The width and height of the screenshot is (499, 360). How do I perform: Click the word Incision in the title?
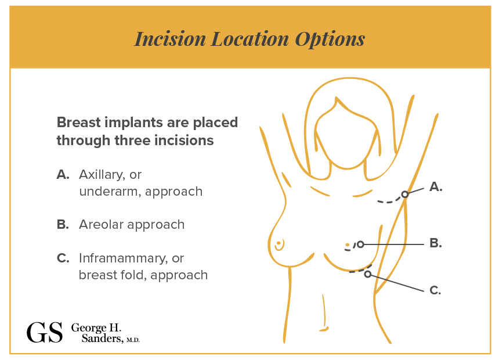click(170, 39)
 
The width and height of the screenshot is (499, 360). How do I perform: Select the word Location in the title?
click(250, 39)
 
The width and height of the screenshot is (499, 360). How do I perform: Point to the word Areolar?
click(101, 224)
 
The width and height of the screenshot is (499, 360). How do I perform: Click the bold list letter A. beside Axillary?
click(63, 175)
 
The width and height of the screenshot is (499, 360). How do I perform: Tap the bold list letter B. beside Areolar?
click(63, 224)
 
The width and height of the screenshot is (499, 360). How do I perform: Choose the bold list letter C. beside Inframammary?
click(63, 258)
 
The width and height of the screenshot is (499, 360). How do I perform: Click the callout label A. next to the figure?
click(436, 187)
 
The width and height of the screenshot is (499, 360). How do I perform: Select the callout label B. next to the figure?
click(435, 243)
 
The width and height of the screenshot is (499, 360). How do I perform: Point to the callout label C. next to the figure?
click(435, 290)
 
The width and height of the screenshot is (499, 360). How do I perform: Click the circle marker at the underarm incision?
click(404, 194)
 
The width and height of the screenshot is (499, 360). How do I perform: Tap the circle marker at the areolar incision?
click(360, 244)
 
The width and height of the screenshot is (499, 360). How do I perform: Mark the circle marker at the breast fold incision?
click(367, 274)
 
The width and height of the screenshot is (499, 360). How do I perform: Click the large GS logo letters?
click(45, 332)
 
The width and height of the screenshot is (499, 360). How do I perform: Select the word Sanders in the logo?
click(102, 339)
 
